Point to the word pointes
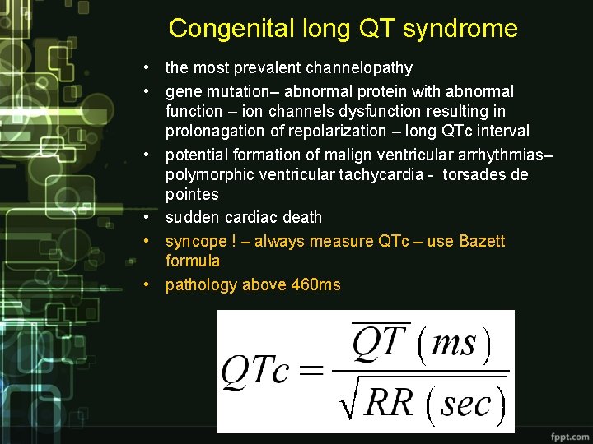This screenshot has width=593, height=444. (x=192, y=195)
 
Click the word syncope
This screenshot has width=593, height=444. (x=195, y=242)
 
